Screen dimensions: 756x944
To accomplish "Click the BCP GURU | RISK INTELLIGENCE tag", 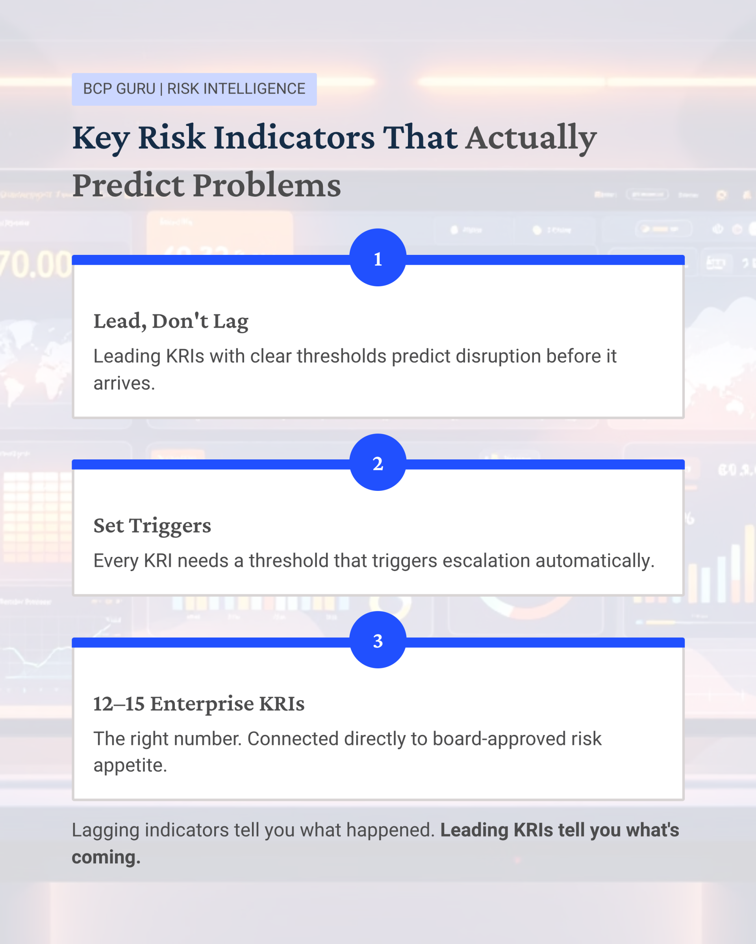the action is point(194,89).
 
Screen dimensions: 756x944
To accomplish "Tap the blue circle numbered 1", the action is point(378,258).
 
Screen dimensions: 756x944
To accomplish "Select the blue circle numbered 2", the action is point(378,463).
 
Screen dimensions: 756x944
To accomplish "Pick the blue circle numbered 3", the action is point(378,640).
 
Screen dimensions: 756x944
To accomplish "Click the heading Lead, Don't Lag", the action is point(171,322).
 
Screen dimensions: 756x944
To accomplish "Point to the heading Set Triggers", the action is point(152,526).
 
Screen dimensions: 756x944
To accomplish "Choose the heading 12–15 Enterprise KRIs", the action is point(199,704).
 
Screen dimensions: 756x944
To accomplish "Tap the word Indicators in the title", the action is point(294,138).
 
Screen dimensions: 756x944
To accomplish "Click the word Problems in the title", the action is point(267,185).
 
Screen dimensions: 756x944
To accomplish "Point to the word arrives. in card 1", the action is point(124,383).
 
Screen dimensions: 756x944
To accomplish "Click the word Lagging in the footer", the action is point(106,831).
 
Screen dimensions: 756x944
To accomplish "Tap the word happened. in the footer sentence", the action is point(391,831).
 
